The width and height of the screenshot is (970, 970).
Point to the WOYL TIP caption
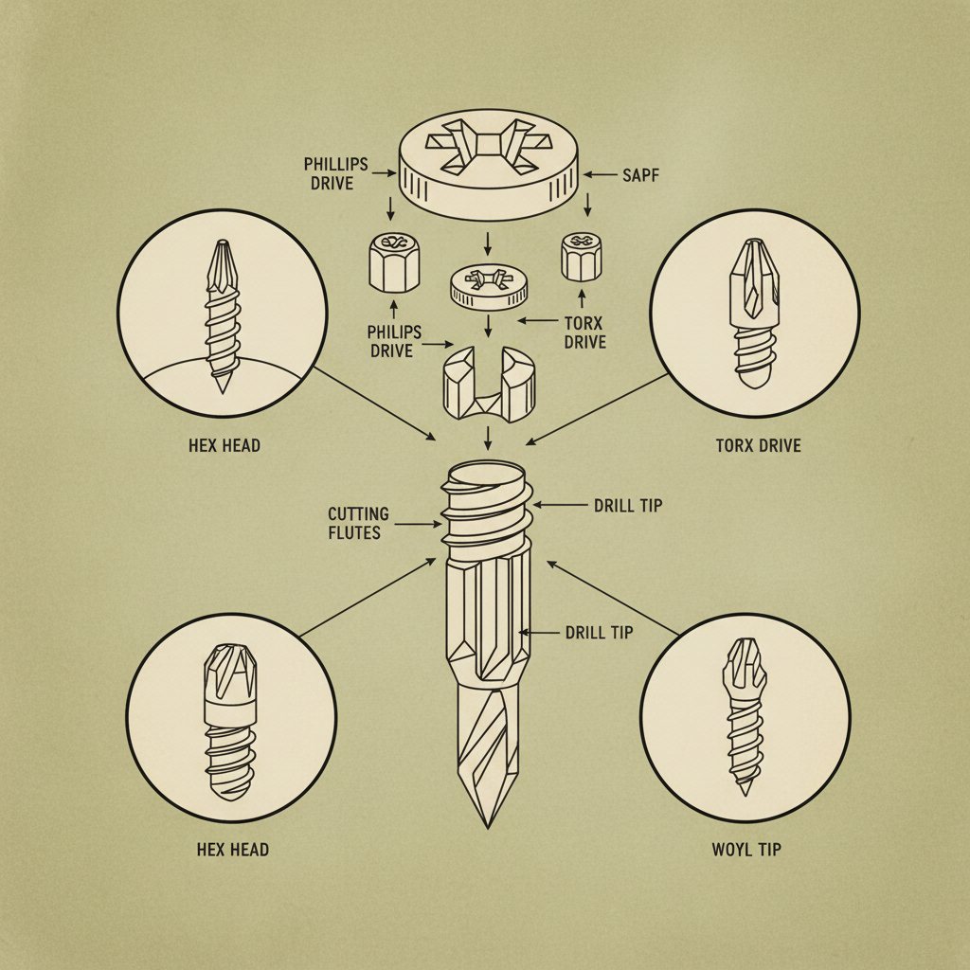pos(746,849)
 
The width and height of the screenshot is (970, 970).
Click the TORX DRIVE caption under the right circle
pos(759,444)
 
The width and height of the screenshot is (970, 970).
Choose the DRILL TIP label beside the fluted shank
pos(599,632)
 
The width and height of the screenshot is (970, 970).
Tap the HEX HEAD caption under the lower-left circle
pos(233,849)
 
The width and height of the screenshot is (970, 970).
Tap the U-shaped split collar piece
pos(484,384)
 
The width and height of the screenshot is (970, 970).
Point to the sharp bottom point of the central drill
pos(488,822)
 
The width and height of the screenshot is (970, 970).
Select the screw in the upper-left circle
pos(222,313)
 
